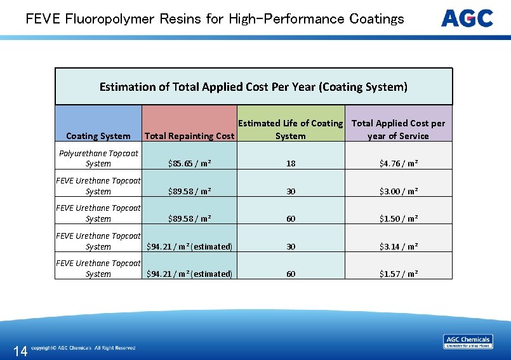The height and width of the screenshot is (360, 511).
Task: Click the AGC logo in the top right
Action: (x=467, y=18)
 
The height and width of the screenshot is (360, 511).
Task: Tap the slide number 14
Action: (x=20, y=351)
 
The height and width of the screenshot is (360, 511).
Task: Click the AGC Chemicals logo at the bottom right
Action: (x=468, y=342)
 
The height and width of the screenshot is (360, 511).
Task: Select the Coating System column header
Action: (x=98, y=136)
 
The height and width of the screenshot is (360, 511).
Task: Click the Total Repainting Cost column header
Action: (x=190, y=136)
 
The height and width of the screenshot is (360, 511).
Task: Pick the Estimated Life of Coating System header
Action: (x=291, y=130)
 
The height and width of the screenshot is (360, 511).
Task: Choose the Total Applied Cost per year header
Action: (x=399, y=130)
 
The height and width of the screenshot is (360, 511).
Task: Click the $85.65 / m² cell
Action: (x=190, y=164)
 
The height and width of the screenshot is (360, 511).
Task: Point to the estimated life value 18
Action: (x=291, y=164)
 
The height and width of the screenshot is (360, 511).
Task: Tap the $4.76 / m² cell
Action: (x=399, y=164)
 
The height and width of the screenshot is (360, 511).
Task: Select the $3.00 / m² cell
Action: (x=399, y=191)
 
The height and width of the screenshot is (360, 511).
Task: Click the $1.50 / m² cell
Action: (x=399, y=219)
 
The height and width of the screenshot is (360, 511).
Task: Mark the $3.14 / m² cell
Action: (x=399, y=246)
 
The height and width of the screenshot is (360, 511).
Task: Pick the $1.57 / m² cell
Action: (x=399, y=274)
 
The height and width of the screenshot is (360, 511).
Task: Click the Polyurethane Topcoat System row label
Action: (x=98, y=158)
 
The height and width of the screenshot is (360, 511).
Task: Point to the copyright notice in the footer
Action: (x=83, y=348)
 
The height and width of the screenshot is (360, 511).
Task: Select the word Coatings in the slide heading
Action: (x=376, y=18)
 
